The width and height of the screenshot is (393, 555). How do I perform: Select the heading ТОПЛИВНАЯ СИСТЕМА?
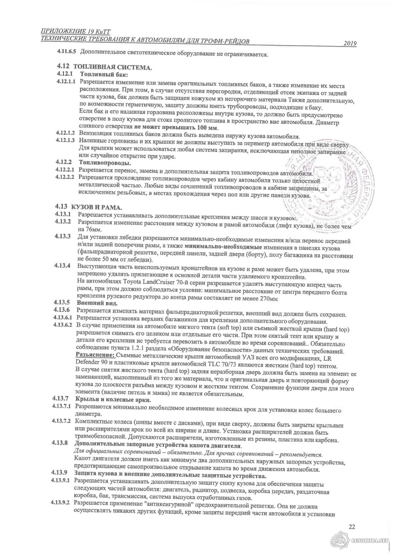click(x=112, y=67)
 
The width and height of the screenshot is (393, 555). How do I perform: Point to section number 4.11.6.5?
click(x=67, y=52)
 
